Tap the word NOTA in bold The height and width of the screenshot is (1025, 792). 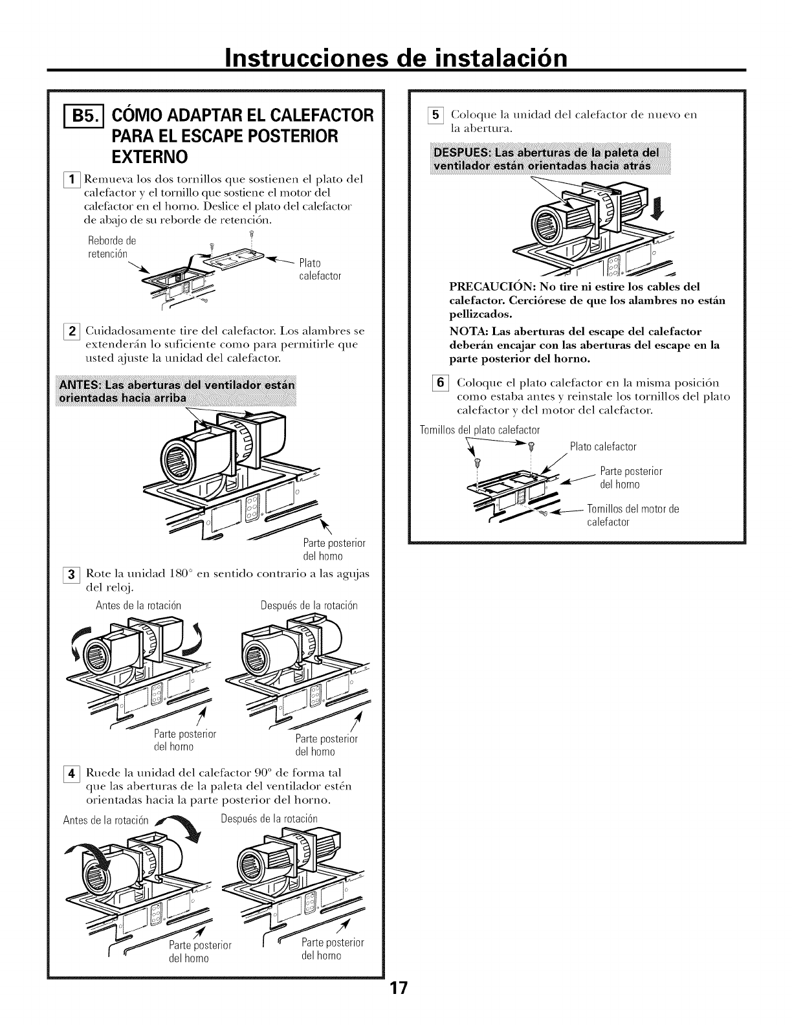click(467, 332)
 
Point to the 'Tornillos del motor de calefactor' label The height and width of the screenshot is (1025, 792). click(632, 514)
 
